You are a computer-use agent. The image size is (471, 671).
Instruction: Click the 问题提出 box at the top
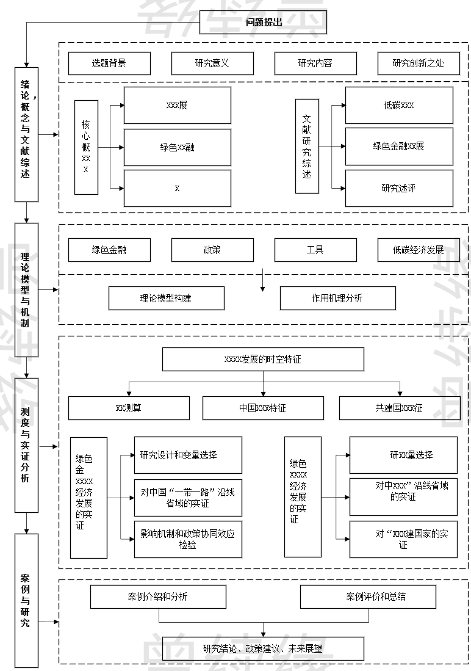(264, 23)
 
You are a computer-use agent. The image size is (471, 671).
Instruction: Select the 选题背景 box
(109, 63)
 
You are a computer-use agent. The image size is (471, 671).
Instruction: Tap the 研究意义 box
(212, 63)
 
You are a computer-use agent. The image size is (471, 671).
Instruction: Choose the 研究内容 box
(315, 63)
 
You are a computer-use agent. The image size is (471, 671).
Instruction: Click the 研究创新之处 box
(419, 63)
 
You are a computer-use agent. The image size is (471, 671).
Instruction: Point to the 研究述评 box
(399, 188)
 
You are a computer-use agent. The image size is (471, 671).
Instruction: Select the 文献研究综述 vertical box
(307, 147)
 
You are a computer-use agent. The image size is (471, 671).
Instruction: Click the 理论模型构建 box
(166, 298)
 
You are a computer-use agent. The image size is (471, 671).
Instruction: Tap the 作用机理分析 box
(337, 298)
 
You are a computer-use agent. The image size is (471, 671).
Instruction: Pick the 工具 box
(315, 250)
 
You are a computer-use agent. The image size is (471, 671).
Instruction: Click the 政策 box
(212, 250)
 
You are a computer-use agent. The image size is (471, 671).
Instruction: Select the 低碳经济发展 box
(419, 250)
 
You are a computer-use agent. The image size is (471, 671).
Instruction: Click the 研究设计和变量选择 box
(188, 455)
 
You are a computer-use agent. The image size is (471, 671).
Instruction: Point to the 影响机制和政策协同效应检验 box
(188, 539)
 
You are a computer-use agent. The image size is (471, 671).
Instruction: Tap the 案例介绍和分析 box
(158, 597)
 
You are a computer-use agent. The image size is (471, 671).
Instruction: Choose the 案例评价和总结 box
(368, 597)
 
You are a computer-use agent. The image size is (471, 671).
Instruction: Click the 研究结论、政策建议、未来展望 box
(263, 648)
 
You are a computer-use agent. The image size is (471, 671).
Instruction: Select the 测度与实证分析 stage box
(26, 444)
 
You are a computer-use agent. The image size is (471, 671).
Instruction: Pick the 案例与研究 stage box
(26, 600)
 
